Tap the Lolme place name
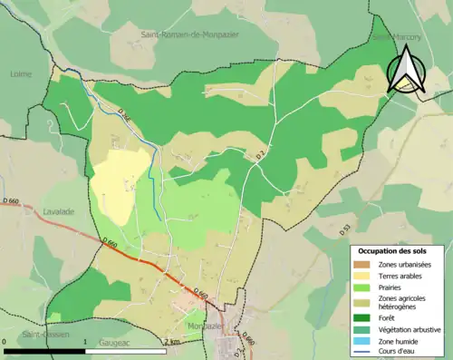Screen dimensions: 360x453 point(20,73)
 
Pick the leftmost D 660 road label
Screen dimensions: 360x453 point(11,199)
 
